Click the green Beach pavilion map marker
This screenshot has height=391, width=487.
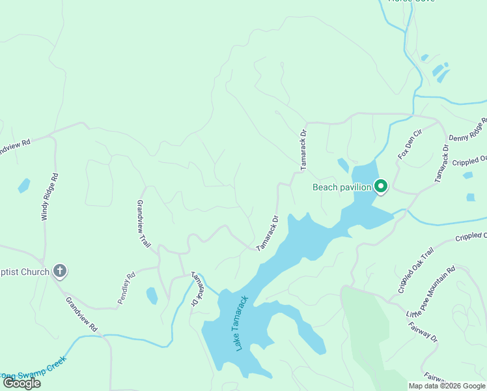point(381,187)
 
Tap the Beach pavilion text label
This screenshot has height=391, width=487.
point(342,187)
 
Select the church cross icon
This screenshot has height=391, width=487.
point(60,271)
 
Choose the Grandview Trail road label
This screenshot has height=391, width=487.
point(143,224)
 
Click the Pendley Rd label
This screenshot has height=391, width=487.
point(126,288)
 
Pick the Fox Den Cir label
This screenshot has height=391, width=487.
point(410,144)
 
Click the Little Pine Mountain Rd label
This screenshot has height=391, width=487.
point(431,291)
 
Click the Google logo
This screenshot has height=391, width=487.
point(22,383)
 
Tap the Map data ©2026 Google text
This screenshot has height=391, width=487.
point(447,386)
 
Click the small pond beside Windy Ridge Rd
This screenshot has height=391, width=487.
point(24,185)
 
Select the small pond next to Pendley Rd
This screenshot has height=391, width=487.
point(152,296)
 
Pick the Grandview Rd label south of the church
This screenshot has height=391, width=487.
point(81,315)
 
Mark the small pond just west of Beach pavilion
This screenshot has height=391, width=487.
point(343,165)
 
